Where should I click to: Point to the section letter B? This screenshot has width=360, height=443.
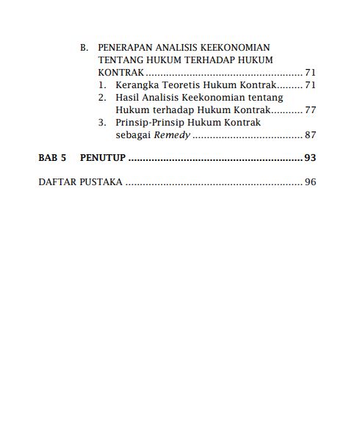84,47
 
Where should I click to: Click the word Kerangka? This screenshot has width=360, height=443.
138,85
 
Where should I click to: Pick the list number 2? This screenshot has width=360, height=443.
104,97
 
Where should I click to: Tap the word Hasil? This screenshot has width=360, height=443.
129,97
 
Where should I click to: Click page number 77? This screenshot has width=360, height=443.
309,109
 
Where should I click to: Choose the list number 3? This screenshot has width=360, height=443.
104,123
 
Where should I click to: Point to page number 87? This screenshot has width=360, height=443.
309,135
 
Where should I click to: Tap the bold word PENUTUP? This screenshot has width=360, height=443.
103,158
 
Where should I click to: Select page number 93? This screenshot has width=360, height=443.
309,158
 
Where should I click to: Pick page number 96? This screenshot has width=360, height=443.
309,181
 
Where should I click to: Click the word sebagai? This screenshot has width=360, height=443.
132,135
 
